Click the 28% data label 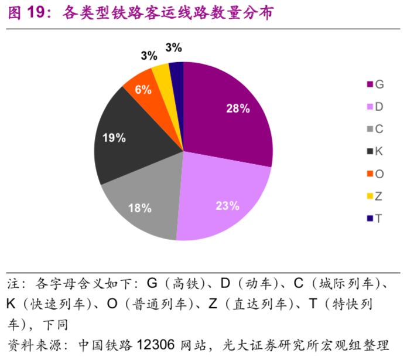(x=238, y=108)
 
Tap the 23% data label (x=227, y=206)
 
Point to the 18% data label (x=139, y=208)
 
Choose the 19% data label (x=114, y=138)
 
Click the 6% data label (x=143, y=90)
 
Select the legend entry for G (x=375, y=84)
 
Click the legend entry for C (x=375, y=129)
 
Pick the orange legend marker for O (x=370, y=174)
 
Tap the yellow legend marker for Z (x=370, y=196)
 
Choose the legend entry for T (x=375, y=219)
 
